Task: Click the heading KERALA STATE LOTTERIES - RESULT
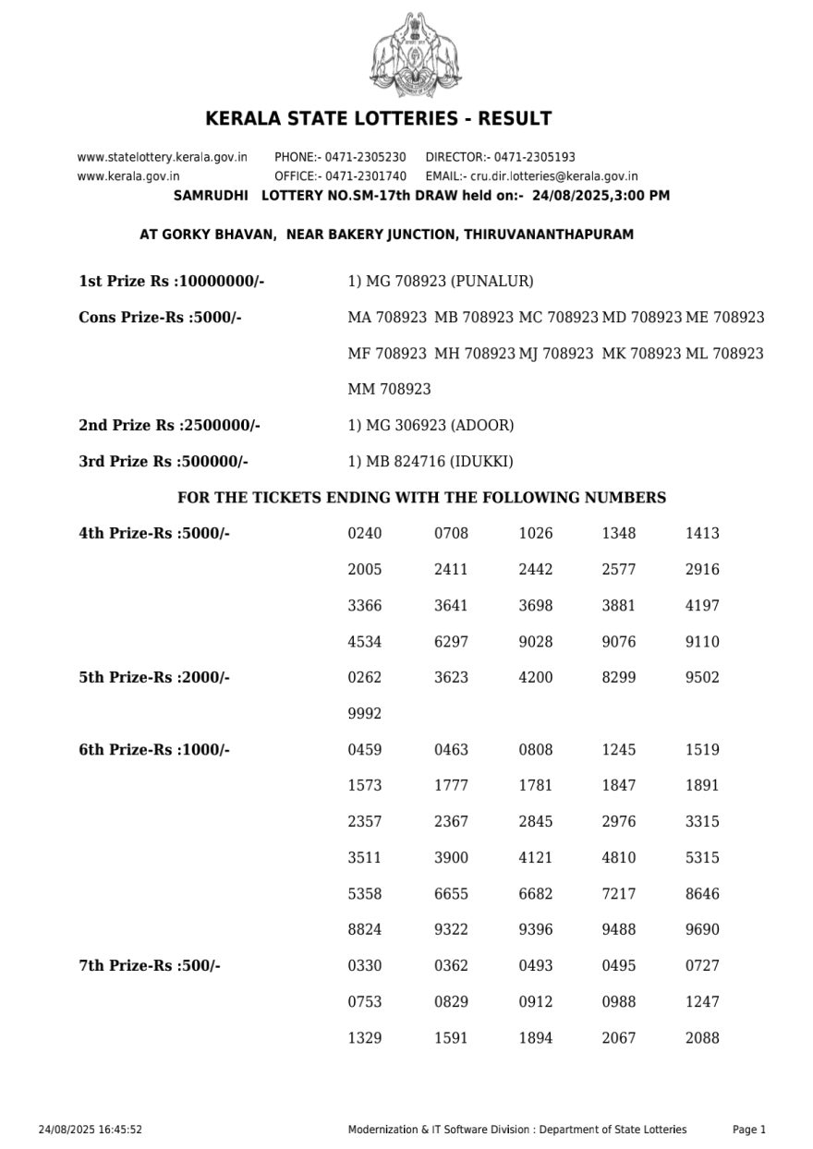pyautogui.click(x=379, y=119)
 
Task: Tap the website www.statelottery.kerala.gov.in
pyautogui.click(x=162, y=157)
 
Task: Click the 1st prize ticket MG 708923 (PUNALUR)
pyautogui.click(x=440, y=281)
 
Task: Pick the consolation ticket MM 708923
pyautogui.click(x=389, y=389)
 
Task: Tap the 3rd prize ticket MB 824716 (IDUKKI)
pyautogui.click(x=430, y=461)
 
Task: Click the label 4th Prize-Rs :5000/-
pyautogui.click(x=154, y=533)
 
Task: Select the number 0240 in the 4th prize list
pyautogui.click(x=364, y=533)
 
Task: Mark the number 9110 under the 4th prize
pyautogui.click(x=702, y=642)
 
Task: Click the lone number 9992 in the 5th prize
pyautogui.click(x=364, y=713)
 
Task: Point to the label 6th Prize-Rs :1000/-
pyautogui.click(x=154, y=750)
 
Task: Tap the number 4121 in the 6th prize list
pyautogui.click(x=535, y=858)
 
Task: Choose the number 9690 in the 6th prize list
pyautogui.click(x=702, y=930)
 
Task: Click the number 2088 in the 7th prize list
pyautogui.click(x=702, y=1038)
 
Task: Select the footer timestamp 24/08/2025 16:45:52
pyautogui.click(x=91, y=1130)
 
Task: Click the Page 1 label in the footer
pyautogui.click(x=749, y=1130)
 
